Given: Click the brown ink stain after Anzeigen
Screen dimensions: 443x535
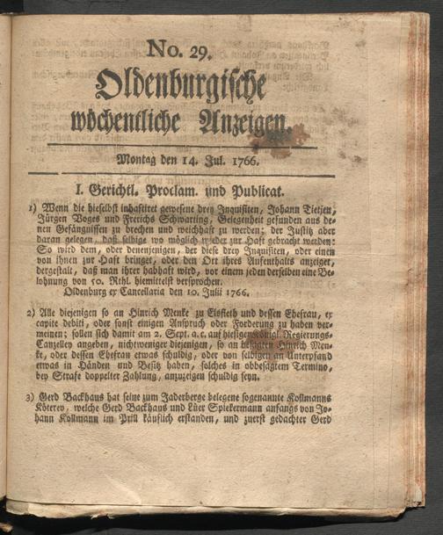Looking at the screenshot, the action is (x=291, y=133).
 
